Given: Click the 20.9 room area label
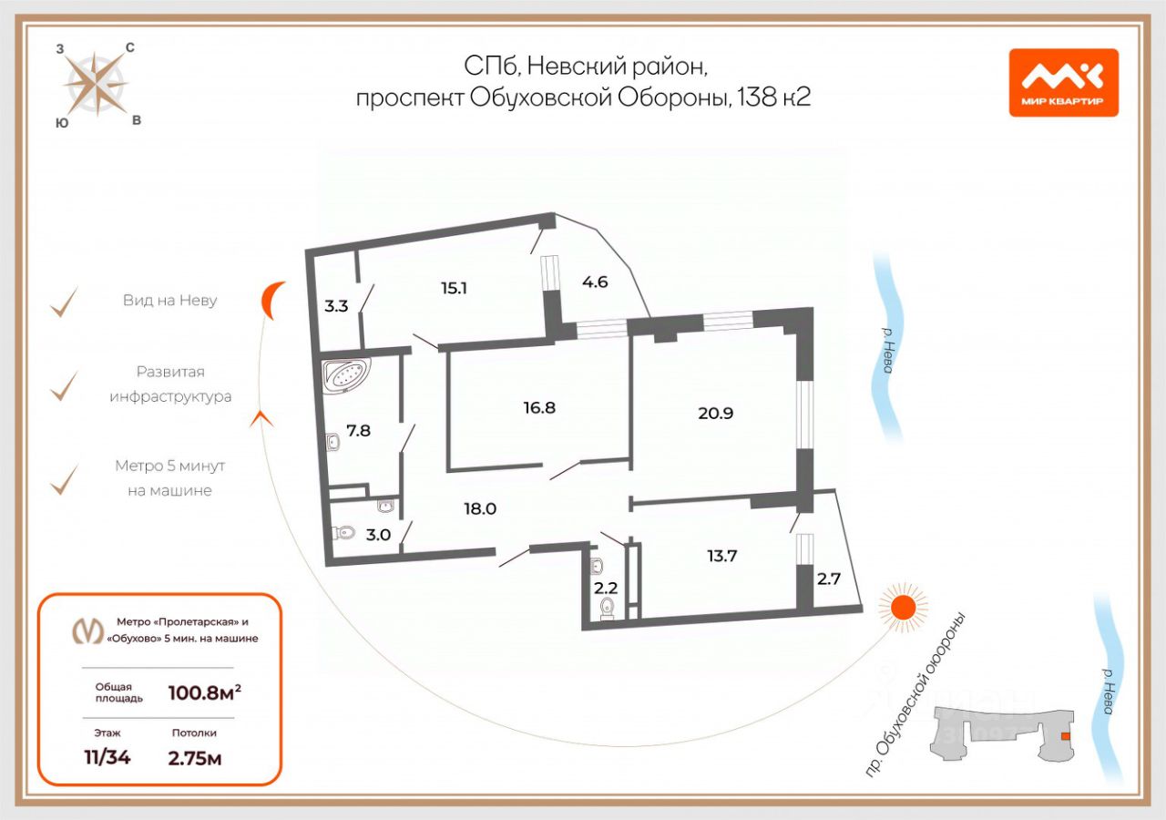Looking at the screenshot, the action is pos(715,412).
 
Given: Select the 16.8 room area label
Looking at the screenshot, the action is pos(539,407).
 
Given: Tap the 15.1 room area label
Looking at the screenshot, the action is pos(454,288).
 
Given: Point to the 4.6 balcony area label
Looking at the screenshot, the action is pos(595,282).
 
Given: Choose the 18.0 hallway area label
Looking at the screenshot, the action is pos(479,508).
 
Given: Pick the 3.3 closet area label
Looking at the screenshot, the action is pos(336,306).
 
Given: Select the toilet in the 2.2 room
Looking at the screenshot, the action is pos(608,608).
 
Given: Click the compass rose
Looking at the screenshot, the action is pos(96,83).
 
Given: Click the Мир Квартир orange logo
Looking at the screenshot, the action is pos(1063,82).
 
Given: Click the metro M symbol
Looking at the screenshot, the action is pos(88,630).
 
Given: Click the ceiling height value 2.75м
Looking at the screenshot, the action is pos(195,757).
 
